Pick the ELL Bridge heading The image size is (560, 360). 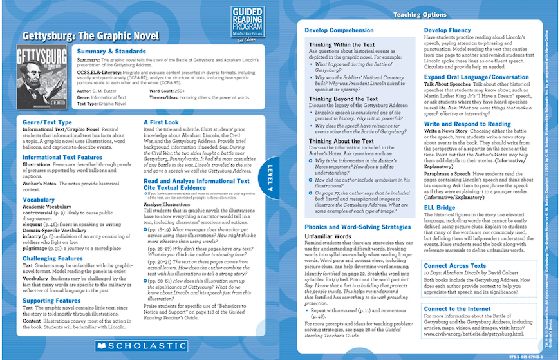coord(440,208)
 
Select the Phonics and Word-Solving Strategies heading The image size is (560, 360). coord(359,228)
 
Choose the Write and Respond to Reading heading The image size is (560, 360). coord(467,124)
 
